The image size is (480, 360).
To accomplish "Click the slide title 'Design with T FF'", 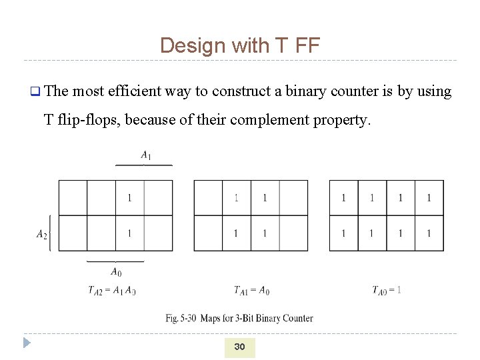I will [240, 45].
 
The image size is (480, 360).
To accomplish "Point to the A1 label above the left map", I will [145, 155].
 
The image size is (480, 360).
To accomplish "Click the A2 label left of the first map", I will [42, 233].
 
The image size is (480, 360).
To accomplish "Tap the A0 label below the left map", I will [115, 271].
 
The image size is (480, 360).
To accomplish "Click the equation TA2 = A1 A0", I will [111, 290].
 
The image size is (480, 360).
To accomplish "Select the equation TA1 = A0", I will [251, 290].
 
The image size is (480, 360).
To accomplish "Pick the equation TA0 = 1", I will [387, 290].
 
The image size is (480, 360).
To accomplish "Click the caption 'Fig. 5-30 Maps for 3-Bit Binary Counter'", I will [239, 318].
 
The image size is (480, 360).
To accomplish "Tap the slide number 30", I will [239, 347].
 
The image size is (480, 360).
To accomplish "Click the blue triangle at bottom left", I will [27, 343].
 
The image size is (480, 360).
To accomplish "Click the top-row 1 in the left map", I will [129, 198].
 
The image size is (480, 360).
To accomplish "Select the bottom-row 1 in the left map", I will [129, 233].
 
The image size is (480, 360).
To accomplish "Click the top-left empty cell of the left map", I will [73, 198].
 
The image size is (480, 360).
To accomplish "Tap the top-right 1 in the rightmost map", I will [429, 198].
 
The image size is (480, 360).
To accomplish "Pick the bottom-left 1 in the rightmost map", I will [343, 233].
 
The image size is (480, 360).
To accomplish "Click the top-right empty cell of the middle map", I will [293, 198].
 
